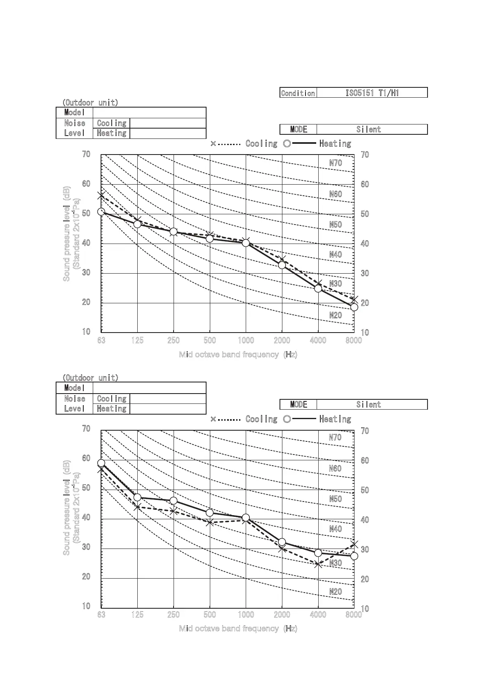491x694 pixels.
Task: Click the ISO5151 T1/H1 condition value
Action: tap(372, 93)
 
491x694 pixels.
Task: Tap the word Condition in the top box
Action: tap(298, 93)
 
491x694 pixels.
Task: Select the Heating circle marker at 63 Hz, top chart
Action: tap(101, 212)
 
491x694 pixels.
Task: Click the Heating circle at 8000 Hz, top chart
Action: tap(354, 307)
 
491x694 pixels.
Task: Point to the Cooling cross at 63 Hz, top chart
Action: tap(101, 196)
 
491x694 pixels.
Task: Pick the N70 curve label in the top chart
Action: tap(336, 163)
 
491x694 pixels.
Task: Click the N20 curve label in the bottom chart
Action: tap(336, 591)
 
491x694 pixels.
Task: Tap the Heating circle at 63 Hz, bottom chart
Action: tap(101, 463)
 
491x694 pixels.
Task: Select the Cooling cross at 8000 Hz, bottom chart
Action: tap(354, 545)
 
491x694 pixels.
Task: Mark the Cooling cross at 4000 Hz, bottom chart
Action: tap(318, 565)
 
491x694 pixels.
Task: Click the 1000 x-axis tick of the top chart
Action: tap(246, 340)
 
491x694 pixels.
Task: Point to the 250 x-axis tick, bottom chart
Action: tap(174, 614)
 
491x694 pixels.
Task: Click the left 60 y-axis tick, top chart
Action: tap(86, 184)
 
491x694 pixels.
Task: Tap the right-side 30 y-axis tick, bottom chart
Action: tap(365, 549)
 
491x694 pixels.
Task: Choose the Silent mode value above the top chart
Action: tap(369, 129)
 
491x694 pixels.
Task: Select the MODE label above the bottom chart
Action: tap(298, 404)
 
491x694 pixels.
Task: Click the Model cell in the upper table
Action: tap(74, 113)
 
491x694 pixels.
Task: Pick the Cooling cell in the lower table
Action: tap(111, 399)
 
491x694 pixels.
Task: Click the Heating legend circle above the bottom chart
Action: tap(287, 419)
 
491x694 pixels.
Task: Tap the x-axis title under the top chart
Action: tap(238, 354)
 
